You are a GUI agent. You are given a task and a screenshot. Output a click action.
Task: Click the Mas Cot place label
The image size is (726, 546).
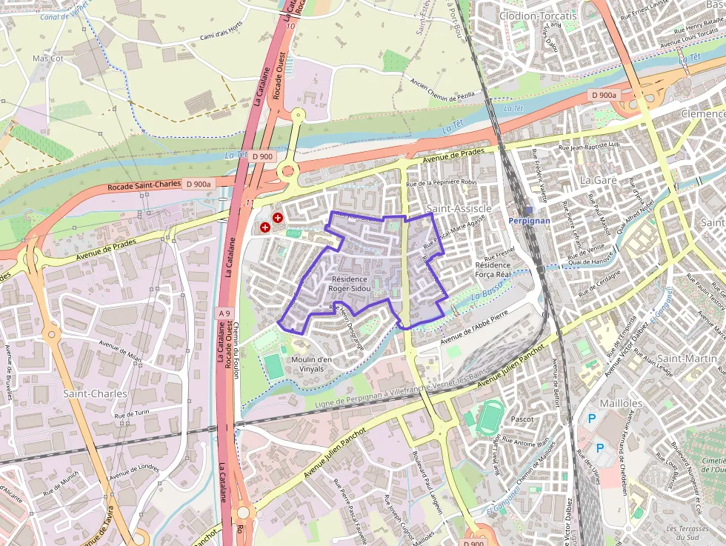coord(48,58)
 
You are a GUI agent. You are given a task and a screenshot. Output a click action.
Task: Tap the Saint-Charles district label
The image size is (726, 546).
coord(95,393)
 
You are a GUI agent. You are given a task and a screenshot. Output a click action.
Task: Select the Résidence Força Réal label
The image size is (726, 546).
coord(493,269)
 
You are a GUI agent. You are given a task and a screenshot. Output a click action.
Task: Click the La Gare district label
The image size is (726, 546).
coord(598,180)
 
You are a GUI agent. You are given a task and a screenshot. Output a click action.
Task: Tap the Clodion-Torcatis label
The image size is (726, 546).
coord(537,16)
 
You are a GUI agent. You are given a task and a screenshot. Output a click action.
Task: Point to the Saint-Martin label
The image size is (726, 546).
coord(691,359)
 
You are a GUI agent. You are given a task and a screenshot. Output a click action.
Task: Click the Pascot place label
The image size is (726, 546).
coord(523,419)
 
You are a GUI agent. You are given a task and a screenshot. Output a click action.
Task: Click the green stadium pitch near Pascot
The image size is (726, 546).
coord(489,417)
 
